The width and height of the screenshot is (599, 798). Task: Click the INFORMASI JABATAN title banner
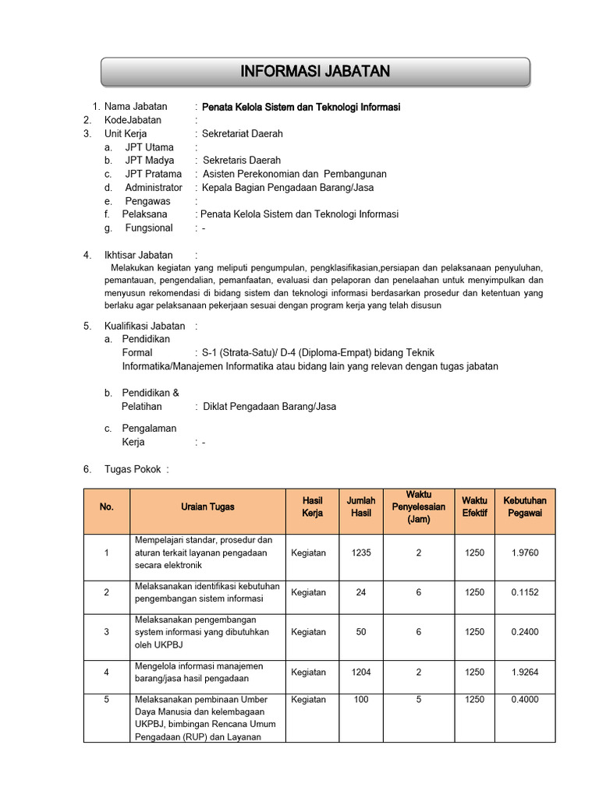(x=315, y=72)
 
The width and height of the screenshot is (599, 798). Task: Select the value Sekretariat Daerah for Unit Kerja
(x=243, y=133)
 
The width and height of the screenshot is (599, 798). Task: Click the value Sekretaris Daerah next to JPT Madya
(x=242, y=161)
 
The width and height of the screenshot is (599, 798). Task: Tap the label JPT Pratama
(x=154, y=174)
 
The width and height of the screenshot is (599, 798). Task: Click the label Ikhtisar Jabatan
(x=139, y=255)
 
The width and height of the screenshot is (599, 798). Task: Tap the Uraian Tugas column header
(x=207, y=507)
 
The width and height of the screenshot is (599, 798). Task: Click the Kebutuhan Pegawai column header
(x=525, y=507)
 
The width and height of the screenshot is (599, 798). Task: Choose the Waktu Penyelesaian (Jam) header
(x=419, y=507)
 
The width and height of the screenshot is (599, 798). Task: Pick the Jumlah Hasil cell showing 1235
(x=361, y=553)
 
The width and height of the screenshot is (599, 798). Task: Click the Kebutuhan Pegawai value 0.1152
(x=525, y=592)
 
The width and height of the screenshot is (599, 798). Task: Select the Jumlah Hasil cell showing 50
(x=361, y=632)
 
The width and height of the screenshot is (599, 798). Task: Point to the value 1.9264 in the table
(x=525, y=672)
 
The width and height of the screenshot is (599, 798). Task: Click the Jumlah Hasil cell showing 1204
(x=361, y=672)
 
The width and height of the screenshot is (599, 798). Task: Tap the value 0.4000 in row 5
(x=525, y=699)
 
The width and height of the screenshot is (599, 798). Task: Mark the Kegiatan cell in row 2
(x=308, y=592)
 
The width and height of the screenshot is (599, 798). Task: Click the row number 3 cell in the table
(x=107, y=632)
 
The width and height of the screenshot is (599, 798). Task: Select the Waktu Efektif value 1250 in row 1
(x=474, y=553)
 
